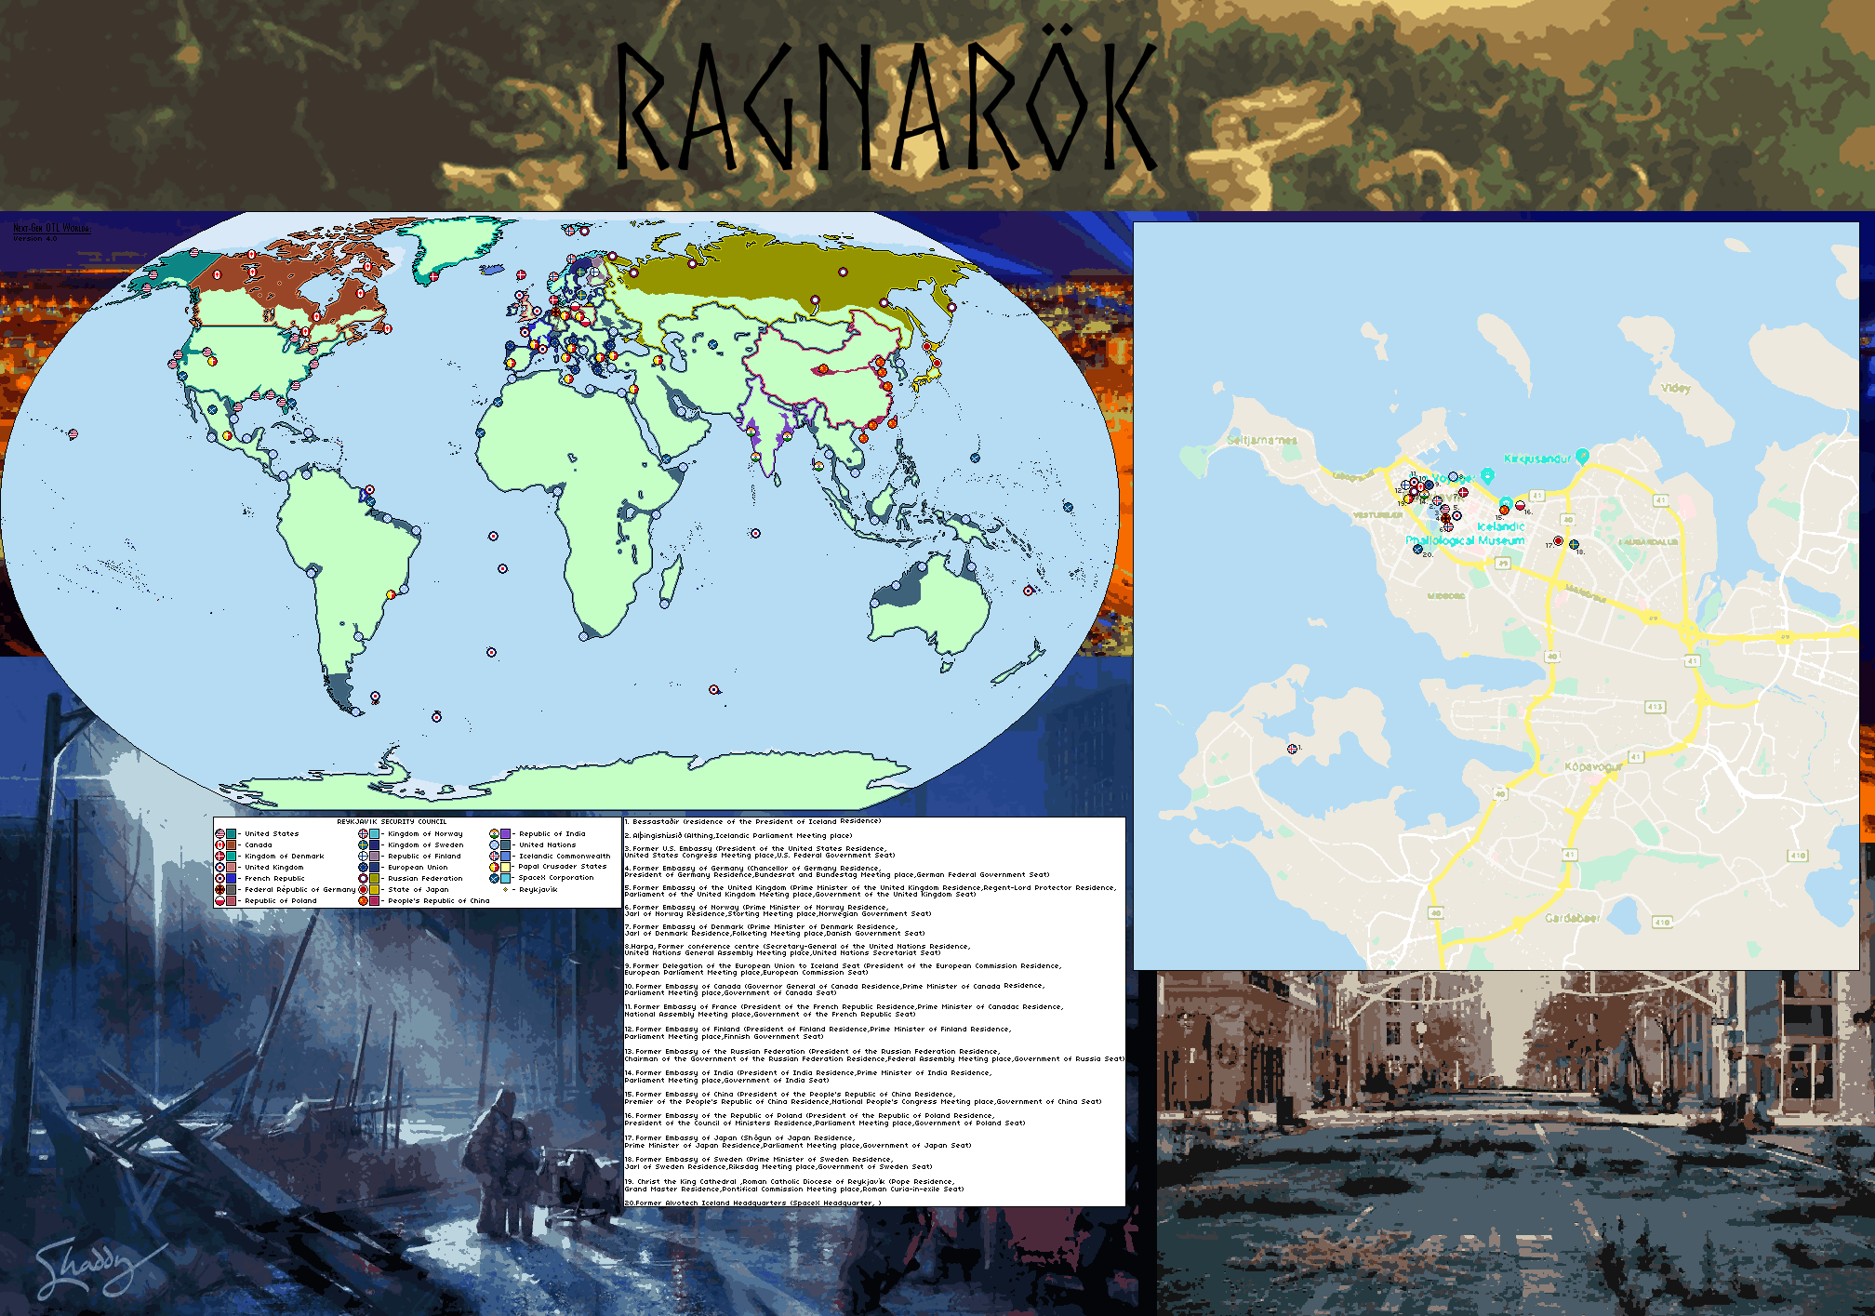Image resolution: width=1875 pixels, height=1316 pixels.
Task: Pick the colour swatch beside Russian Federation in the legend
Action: (x=374, y=878)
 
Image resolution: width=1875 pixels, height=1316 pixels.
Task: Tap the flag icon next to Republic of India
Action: (x=494, y=834)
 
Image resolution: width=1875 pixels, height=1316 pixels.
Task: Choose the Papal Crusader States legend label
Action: (x=562, y=867)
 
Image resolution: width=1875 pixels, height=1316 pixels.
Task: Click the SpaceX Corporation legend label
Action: (x=555, y=878)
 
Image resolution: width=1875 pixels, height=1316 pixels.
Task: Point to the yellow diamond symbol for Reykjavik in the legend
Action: (x=505, y=890)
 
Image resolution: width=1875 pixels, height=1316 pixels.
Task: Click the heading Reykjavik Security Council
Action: (x=392, y=822)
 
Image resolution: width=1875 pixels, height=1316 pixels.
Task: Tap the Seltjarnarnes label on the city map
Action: (x=1261, y=440)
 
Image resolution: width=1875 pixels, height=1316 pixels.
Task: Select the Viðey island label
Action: (x=1675, y=389)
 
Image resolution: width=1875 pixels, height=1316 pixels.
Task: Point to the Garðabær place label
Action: (x=1572, y=918)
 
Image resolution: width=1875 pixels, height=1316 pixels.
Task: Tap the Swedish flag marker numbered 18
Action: (x=1574, y=545)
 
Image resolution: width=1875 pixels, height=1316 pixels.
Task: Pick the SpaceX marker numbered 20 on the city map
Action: (x=1417, y=550)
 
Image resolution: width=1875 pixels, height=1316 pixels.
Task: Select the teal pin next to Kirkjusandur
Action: (x=1582, y=455)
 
